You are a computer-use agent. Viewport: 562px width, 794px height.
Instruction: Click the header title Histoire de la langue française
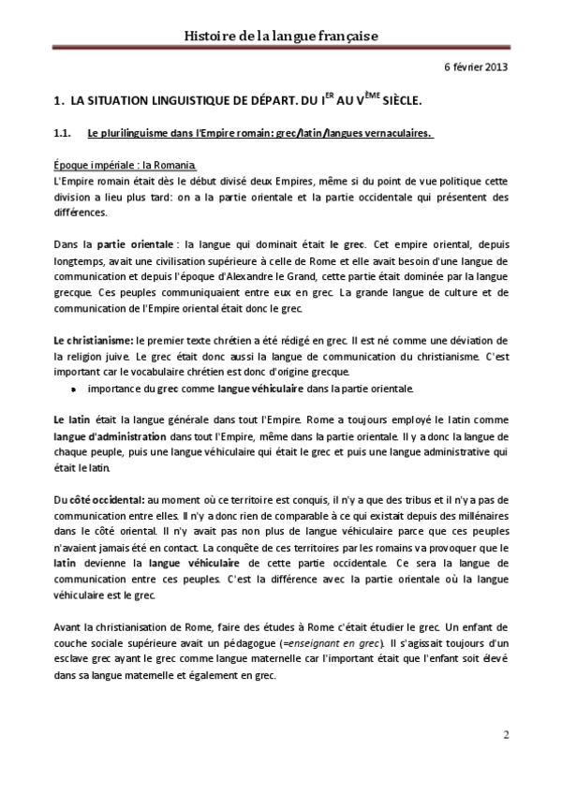[x=280, y=36]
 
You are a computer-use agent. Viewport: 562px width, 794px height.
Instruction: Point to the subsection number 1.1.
[x=64, y=132]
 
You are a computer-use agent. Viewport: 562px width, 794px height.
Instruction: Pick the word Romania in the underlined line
[x=174, y=163]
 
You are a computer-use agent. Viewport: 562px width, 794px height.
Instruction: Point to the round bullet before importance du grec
[x=74, y=388]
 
